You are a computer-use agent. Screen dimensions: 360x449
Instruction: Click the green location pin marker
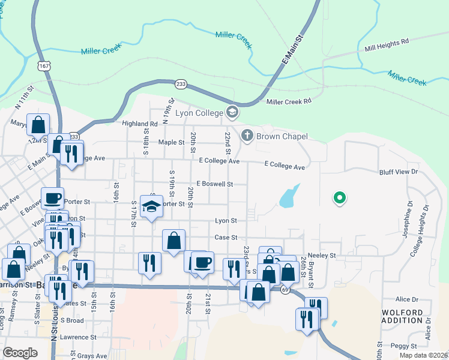[339, 197]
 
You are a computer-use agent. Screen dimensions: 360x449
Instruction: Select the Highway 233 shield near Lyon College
[180, 85]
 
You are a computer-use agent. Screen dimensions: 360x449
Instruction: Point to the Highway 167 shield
[43, 66]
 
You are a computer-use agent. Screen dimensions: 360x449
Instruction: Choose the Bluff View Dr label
[398, 172]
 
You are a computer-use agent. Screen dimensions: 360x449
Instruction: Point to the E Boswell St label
[214, 184]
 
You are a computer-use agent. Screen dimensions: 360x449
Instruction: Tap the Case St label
[226, 238]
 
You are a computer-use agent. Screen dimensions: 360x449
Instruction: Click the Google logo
[20, 352]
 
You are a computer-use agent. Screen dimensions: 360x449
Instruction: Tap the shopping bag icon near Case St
[173, 241]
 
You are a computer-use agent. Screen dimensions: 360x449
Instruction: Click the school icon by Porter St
[152, 206]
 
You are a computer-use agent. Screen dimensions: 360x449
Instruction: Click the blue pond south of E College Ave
[289, 196]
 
